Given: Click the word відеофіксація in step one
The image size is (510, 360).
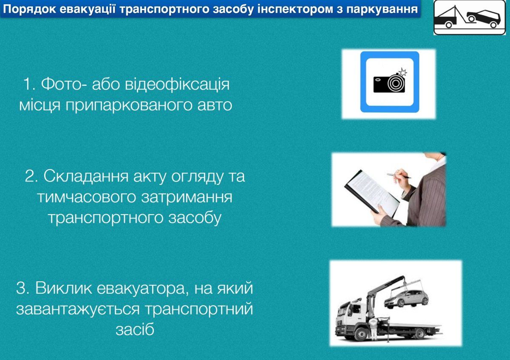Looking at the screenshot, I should click(177, 84).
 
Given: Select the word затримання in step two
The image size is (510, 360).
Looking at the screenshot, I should click(185, 197).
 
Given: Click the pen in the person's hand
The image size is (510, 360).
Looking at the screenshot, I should click(399, 174).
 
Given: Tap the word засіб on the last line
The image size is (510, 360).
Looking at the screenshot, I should click(134, 329).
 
